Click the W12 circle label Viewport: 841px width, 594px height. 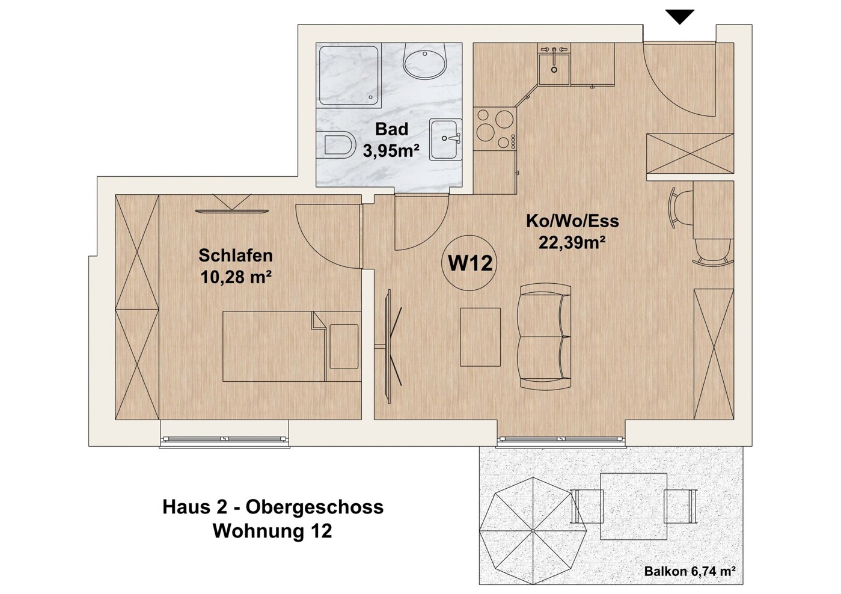469,263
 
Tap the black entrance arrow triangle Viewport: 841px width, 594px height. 679,16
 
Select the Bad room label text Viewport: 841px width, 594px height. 391,129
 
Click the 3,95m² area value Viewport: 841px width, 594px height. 391,151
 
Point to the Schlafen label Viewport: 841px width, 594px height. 236,256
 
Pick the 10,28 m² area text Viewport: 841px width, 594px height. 236,278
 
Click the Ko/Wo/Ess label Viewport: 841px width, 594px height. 572,221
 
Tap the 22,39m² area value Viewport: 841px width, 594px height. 572,242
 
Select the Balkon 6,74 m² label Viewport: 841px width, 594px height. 690,572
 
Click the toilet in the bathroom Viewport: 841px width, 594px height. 338,145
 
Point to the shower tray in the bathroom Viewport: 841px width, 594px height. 349,75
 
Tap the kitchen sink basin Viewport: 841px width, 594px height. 554,69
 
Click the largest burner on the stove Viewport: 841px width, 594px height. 486,132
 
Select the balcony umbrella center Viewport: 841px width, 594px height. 533,531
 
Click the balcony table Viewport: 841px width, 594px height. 634,506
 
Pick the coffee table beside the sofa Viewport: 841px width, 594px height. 480,337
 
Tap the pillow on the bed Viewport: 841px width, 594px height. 344,346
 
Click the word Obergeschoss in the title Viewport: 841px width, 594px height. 314,507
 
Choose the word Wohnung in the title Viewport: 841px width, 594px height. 258,531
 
